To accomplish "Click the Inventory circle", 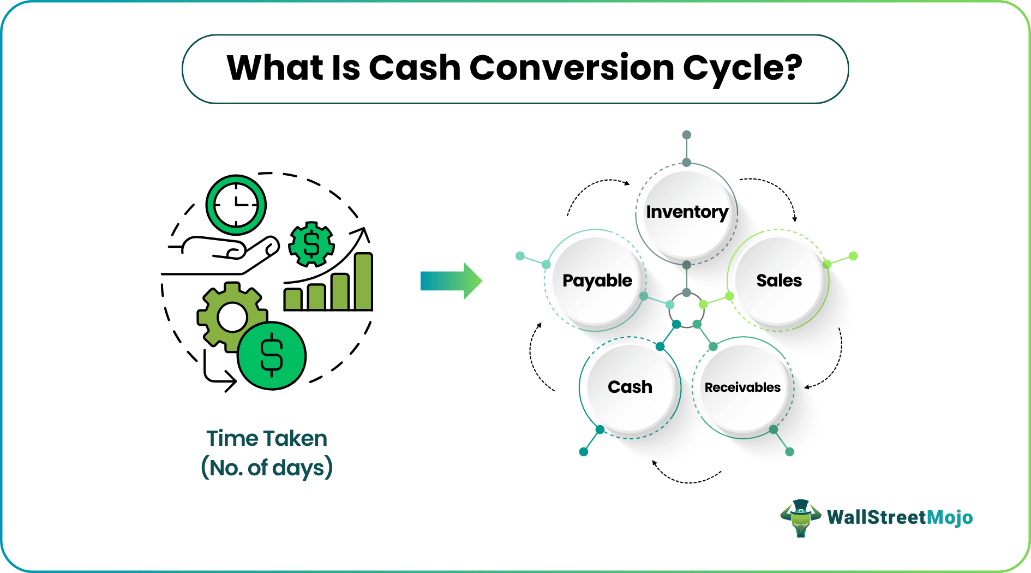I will (686, 212).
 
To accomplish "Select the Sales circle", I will (778, 280).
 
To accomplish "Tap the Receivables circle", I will (742, 387).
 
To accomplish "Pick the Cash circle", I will (630, 387).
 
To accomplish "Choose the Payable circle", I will (597, 280).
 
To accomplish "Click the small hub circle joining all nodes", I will (686, 309).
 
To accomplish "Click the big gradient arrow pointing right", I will (451, 281).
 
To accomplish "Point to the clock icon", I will (236, 205).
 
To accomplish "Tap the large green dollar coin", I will (272, 356).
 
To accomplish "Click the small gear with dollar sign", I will (311, 244).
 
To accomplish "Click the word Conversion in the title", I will (571, 68).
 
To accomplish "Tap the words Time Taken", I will (267, 439).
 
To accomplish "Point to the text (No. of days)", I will (267, 468).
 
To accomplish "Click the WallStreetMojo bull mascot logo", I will (800, 517).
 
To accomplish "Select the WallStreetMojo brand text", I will (900, 517).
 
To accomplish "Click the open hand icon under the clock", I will (224, 254).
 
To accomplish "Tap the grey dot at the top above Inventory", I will (687, 135).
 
